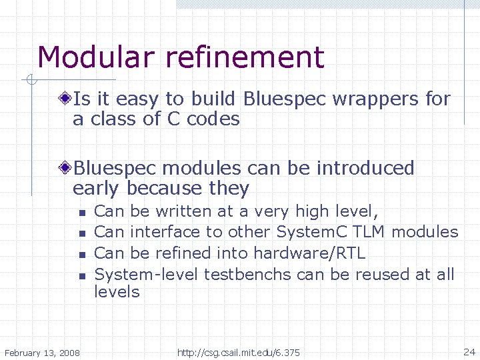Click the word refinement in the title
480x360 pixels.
(x=245, y=57)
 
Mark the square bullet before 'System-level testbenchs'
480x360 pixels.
(x=80, y=275)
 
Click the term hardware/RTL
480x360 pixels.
(x=309, y=253)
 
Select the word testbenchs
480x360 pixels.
(x=247, y=274)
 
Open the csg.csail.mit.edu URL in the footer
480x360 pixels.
(x=239, y=352)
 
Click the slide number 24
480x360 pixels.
(x=469, y=351)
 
